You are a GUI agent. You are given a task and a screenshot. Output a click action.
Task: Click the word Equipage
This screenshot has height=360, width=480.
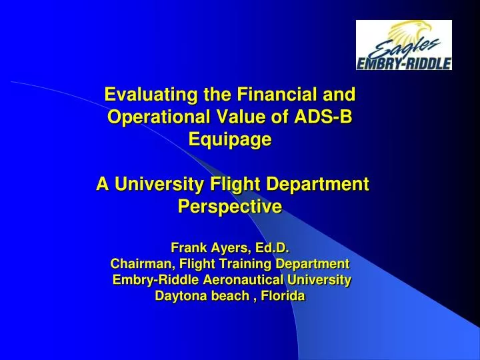pyautogui.click(x=231, y=139)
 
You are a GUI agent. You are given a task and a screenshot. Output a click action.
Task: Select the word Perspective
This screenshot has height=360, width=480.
pyautogui.click(x=231, y=207)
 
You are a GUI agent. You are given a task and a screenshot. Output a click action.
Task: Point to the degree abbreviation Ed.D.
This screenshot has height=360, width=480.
pyautogui.click(x=273, y=249)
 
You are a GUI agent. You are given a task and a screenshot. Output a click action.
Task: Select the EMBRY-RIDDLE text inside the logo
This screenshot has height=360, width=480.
pyautogui.click(x=405, y=63)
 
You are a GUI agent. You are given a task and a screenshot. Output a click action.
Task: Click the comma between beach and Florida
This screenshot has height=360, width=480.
pyautogui.click(x=249, y=299)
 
